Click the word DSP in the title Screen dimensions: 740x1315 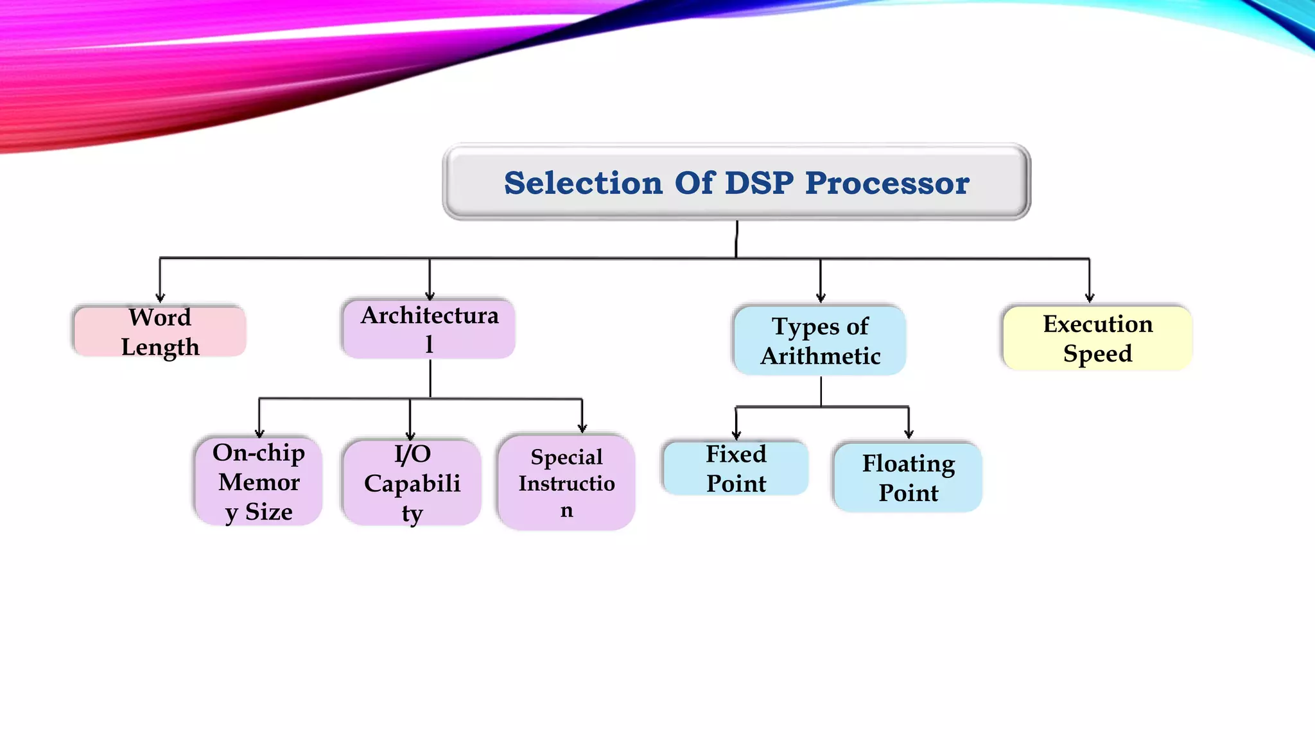pos(759,183)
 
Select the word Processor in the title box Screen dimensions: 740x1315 pos(887,183)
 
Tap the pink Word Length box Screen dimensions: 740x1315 pos(160,331)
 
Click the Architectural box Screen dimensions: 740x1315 pos(429,330)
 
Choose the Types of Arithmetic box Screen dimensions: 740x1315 pos(820,340)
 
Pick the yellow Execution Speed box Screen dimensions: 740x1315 pos(1097,338)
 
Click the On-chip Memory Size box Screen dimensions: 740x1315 pos(259,482)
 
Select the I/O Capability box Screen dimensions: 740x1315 pos(412,483)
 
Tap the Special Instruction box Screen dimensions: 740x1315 pos(566,483)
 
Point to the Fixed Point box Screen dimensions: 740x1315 pos(736,468)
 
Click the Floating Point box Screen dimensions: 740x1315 pos(908,477)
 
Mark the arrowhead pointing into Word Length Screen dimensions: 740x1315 pos(160,297)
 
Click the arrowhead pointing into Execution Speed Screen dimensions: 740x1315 pos(1089,297)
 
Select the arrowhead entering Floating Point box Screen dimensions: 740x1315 pos(909,434)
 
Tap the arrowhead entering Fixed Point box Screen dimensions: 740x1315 pos(736,435)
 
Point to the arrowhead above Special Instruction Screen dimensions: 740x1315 pos(582,428)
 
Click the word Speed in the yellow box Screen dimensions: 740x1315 pos(1097,353)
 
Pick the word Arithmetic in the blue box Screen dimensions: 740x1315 pos(820,356)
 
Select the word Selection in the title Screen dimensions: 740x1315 pos(582,183)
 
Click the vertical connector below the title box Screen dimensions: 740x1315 pos(736,239)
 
